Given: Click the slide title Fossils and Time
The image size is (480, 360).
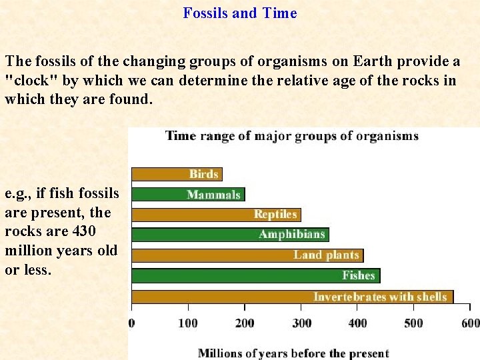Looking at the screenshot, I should click(x=240, y=13).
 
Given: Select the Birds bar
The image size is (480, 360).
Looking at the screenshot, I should click(x=177, y=174).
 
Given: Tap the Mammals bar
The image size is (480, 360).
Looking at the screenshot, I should click(x=188, y=195).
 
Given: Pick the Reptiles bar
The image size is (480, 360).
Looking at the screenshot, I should click(x=216, y=215).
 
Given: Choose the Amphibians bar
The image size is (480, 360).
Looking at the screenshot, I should click(x=230, y=235).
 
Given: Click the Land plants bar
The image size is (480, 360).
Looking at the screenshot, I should click(x=247, y=255).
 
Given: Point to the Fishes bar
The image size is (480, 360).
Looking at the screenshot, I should click(x=256, y=275).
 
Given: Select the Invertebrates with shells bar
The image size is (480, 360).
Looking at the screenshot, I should click(x=292, y=297).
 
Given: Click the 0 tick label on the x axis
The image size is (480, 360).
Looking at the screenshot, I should click(x=131, y=323).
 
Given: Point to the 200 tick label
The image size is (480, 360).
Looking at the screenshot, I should click(x=245, y=323).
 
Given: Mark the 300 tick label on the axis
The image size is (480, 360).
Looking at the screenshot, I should click(x=301, y=323).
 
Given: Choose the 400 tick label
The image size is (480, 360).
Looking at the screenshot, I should click(x=357, y=323).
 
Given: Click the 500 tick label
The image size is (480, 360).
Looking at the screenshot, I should click(x=413, y=323).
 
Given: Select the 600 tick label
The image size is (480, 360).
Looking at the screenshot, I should click(x=470, y=323).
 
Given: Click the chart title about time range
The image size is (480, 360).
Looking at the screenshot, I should click(x=292, y=136).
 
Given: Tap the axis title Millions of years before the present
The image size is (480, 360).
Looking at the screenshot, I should click(x=293, y=353).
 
